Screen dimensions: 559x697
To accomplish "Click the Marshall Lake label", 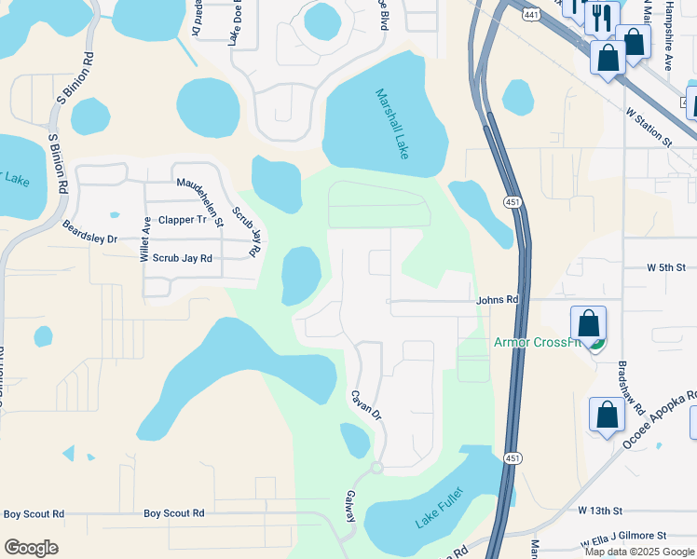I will [x=392, y=123].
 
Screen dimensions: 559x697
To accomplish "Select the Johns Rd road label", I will [x=497, y=300].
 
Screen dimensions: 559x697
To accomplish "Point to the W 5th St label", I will [x=672, y=267].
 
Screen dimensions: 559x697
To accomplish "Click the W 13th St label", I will [x=599, y=511].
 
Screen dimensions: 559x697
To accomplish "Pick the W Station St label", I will [x=649, y=126].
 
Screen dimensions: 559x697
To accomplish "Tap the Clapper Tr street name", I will [x=183, y=220].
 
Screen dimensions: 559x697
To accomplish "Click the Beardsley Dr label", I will [x=89, y=232].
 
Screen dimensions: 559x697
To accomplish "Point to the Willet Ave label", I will [x=145, y=239].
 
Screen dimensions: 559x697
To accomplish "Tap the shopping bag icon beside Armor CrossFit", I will [x=589, y=326].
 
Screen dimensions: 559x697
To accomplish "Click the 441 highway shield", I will [x=531, y=15].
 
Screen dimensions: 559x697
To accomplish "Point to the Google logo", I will [x=32, y=548].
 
